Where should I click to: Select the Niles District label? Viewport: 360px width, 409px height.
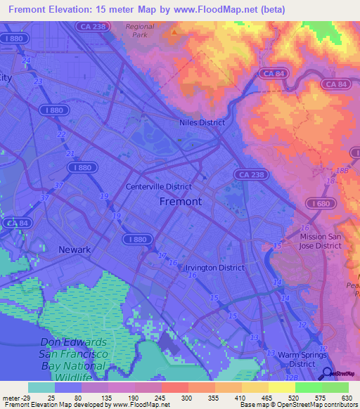(202, 122)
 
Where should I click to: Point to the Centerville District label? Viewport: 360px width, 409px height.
(158, 187)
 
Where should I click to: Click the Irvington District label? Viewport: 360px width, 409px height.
(214, 268)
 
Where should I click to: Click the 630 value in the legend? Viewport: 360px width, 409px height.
(345, 398)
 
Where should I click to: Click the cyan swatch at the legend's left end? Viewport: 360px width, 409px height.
(41, 387)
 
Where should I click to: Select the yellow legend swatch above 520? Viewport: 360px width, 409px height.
(282, 387)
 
